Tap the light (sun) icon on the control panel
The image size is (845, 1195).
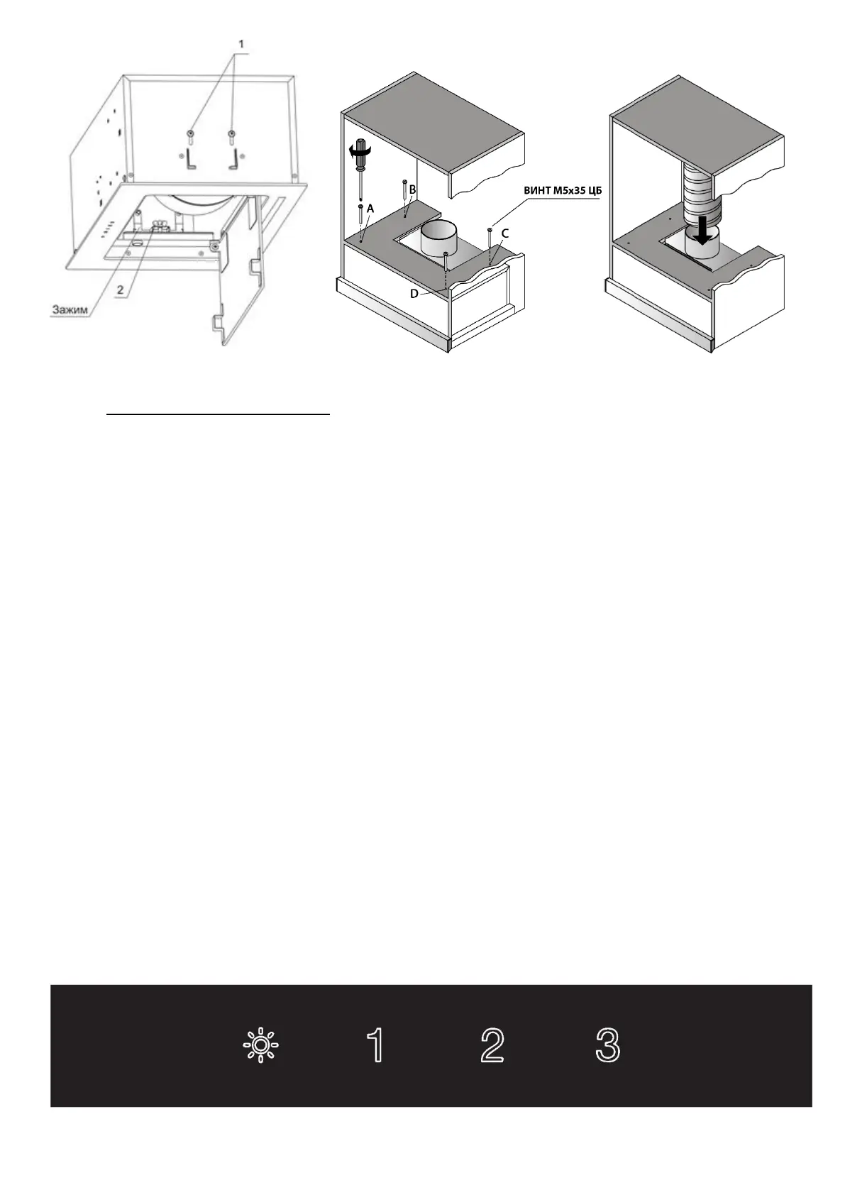pos(260,1045)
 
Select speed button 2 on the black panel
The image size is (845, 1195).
pos(492,1045)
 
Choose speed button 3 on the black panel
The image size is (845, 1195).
pos(607,1045)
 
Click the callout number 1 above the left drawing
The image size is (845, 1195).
pos(241,44)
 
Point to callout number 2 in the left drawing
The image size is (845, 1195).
pos(120,289)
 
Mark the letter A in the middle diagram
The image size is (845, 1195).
pos(370,209)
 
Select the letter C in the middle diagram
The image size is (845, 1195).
pos(504,233)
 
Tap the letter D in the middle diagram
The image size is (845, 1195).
pos(414,293)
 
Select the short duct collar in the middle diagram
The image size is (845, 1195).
pos(440,238)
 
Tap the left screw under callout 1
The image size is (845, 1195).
pos(191,136)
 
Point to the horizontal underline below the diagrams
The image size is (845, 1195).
pos(219,413)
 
